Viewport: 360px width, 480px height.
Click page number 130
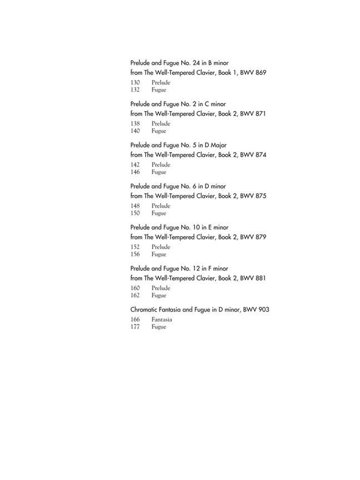[135, 83]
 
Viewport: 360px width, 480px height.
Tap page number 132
[135, 90]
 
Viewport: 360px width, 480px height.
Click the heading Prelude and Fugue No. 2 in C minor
[178, 104]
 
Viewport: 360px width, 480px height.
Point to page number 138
[135, 124]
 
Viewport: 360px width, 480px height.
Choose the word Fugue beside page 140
[159, 131]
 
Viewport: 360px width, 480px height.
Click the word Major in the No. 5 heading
[207, 145]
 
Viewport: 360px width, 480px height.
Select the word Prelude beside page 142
[161, 165]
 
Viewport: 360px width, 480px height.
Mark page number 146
[135, 172]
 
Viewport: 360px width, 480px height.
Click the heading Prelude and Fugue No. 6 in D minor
[178, 186]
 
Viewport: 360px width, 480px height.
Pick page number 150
[135, 213]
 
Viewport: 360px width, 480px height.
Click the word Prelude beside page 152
[161, 247]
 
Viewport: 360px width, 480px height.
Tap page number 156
[135, 254]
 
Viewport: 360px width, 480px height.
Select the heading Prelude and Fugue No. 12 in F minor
[179, 268]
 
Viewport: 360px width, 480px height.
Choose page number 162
[135, 296]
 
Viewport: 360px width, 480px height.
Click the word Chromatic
[146, 309]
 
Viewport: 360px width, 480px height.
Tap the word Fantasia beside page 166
[162, 320]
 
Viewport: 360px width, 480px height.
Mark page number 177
[135, 327]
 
